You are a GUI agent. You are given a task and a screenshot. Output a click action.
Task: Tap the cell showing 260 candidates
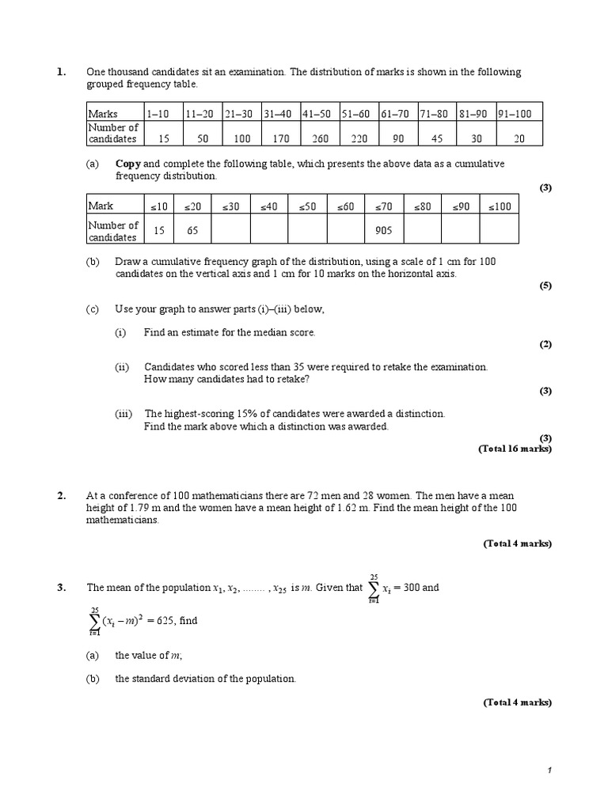point(320,138)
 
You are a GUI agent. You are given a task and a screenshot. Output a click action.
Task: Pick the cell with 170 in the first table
point(280,138)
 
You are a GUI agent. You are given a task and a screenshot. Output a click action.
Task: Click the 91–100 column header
point(515,114)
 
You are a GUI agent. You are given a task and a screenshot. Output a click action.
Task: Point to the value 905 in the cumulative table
point(385,231)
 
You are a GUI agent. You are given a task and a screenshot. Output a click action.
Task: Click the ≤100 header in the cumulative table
point(500,206)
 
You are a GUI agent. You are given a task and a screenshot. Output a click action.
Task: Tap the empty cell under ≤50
point(307,230)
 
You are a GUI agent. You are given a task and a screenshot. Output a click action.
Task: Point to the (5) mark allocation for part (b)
point(545,286)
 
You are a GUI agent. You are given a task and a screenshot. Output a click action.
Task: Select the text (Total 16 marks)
point(515,449)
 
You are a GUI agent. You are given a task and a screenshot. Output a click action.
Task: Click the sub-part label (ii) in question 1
point(122,367)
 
